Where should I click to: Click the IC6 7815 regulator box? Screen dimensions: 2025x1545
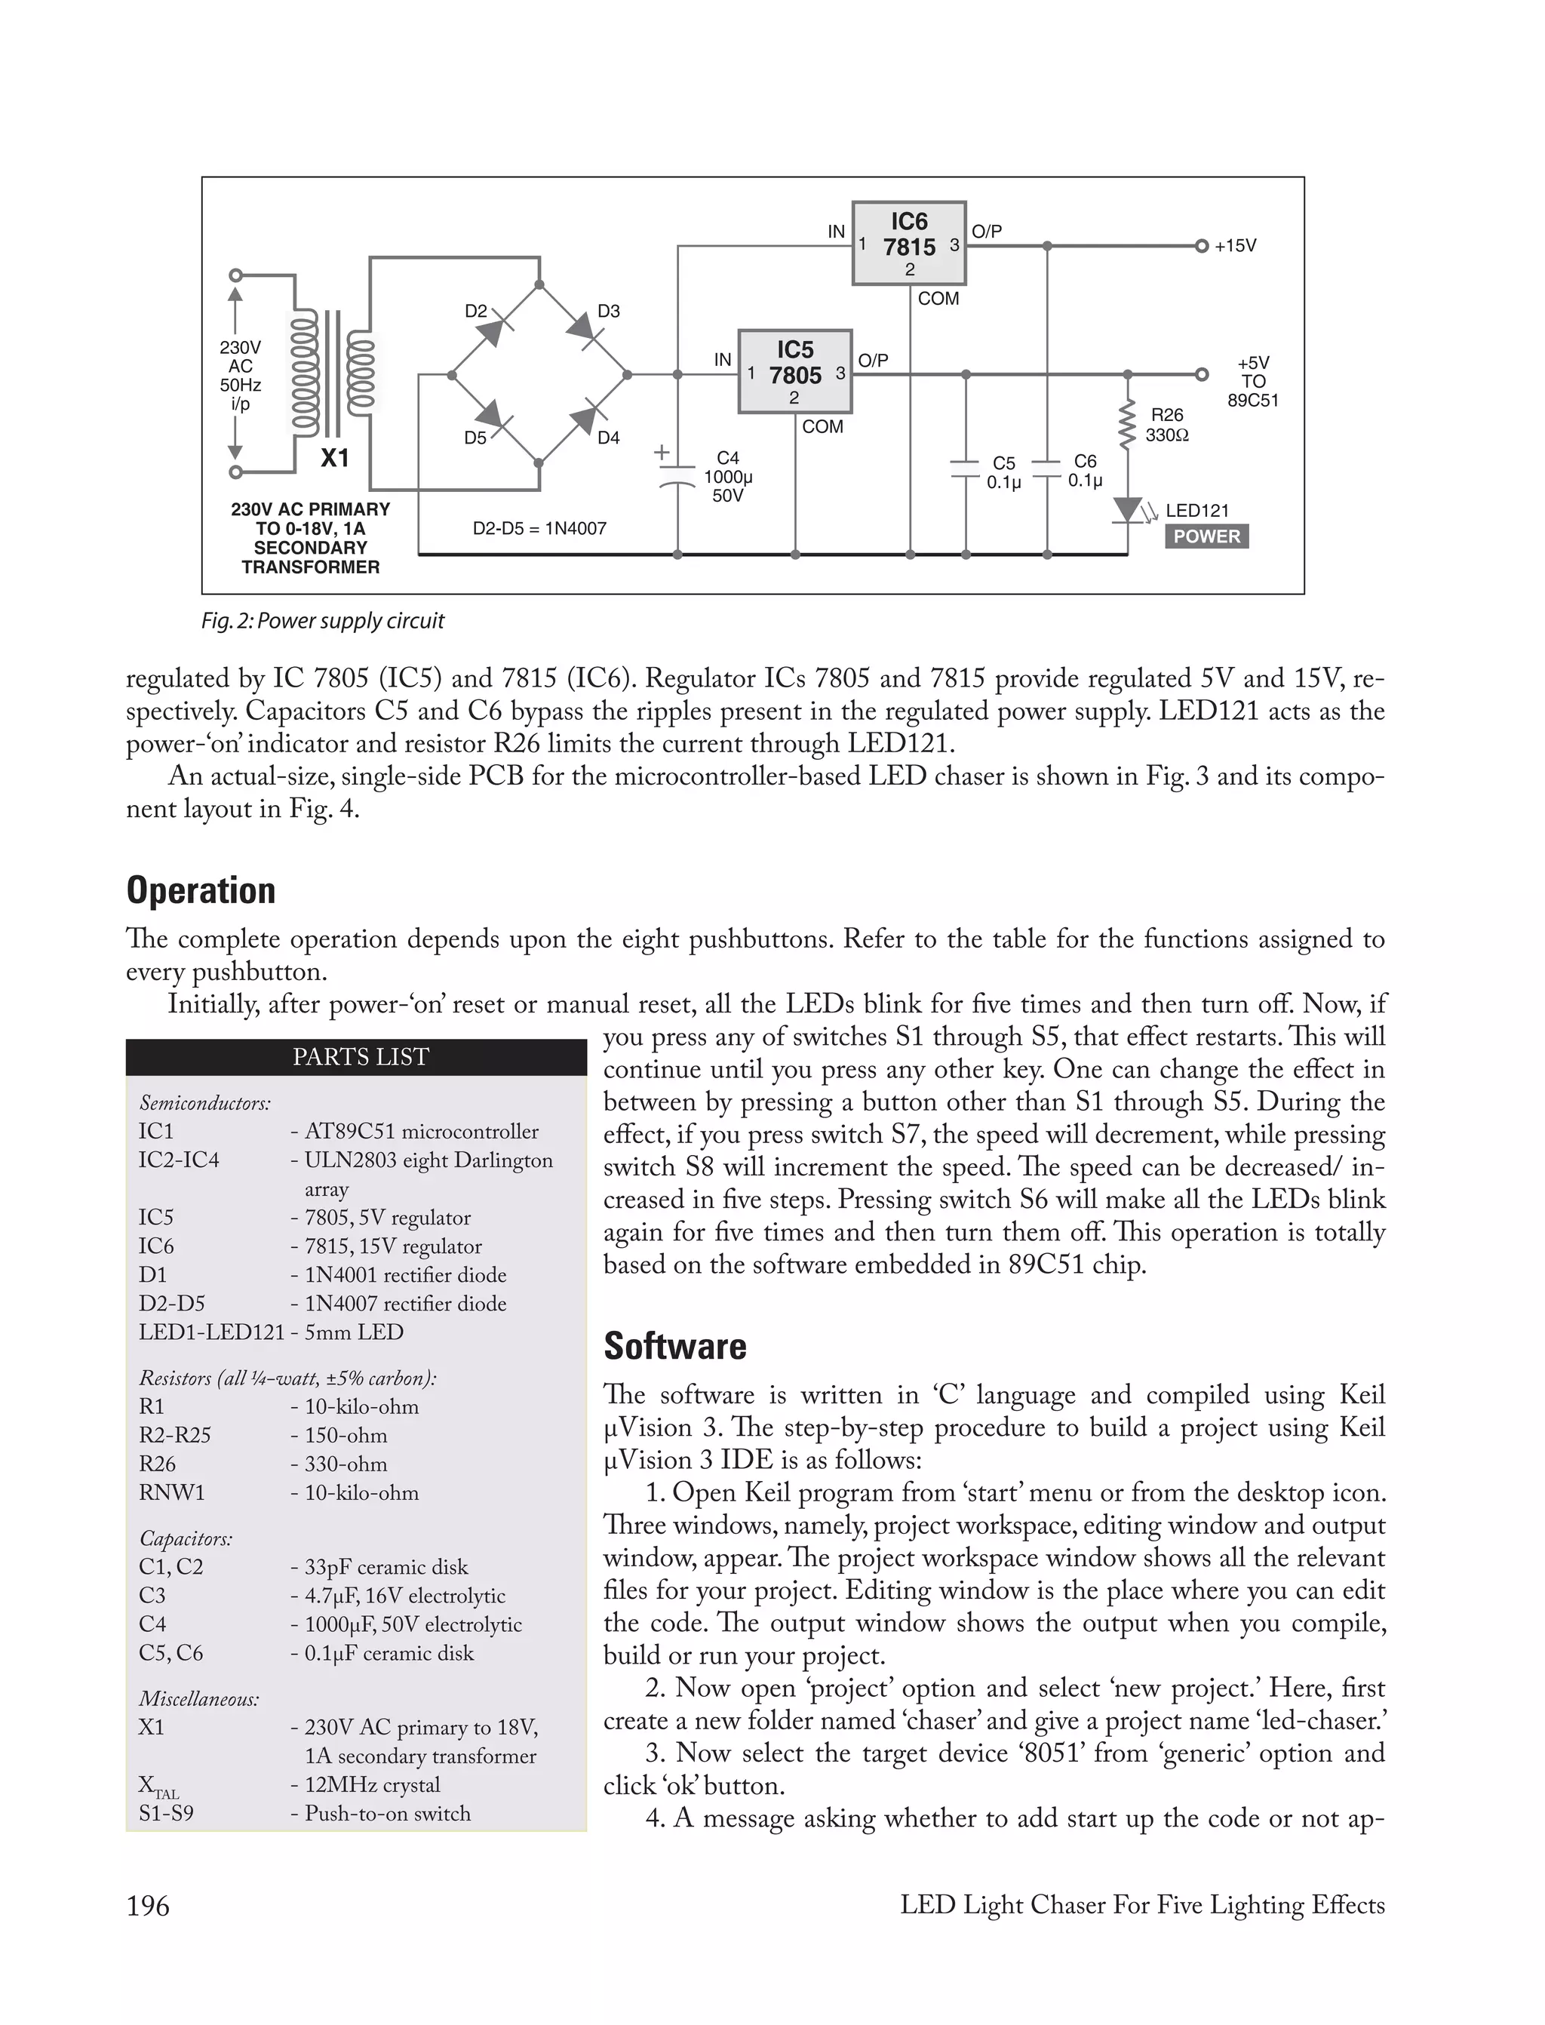tap(908, 243)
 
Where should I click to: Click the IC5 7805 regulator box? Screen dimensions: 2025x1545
tap(794, 371)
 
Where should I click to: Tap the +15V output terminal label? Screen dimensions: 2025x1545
tap(1234, 245)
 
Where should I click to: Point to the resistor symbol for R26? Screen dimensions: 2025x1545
tap(1126, 425)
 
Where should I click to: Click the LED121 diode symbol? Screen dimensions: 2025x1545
tap(1128, 509)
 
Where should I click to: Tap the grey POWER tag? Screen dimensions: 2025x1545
tap(1206, 536)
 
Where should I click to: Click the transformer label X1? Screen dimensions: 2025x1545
tap(335, 458)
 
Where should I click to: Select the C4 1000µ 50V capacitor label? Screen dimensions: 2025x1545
tap(727, 476)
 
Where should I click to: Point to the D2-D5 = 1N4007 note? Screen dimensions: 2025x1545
tap(539, 528)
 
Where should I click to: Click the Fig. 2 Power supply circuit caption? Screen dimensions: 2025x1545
tap(322, 621)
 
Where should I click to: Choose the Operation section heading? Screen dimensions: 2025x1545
tap(201, 890)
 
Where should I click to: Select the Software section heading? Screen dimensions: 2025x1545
tap(675, 1345)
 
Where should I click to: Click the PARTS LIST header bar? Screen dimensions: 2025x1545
tap(356, 1057)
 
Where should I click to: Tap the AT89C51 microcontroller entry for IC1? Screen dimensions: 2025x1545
tap(421, 1131)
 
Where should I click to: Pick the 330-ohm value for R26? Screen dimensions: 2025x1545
tap(346, 1463)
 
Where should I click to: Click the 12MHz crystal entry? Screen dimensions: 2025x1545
tap(373, 1784)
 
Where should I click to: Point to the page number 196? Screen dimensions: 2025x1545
tap(148, 1906)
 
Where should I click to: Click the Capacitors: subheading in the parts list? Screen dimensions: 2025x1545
tap(186, 1538)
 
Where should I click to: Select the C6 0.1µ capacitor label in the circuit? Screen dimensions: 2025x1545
tap(1084, 470)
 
